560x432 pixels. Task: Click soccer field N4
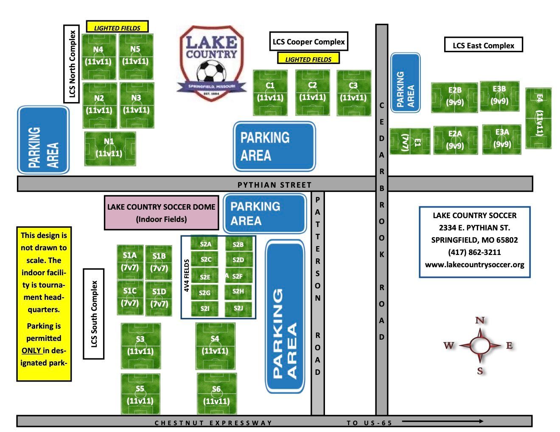(x=99, y=57)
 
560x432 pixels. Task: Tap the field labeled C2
(x=313, y=93)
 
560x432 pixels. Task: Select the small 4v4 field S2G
(x=204, y=292)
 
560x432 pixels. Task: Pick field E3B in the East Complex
(x=499, y=96)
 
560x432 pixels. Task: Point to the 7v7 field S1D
(x=159, y=299)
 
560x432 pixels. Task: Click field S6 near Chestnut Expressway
(x=217, y=393)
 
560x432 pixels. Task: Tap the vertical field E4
(x=538, y=118)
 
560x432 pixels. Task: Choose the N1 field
(x=110, y=149)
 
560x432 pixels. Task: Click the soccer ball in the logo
(x=212, y=71)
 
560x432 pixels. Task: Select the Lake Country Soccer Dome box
(x=162, y=213)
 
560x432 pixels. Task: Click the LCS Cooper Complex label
(x=309, y=42)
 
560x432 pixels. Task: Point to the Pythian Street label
(x=274, y=185)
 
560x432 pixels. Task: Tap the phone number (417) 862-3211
(x=474, y=252)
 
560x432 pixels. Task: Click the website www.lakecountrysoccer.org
(x=474, y=265)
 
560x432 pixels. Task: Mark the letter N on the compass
(x=480, y=320)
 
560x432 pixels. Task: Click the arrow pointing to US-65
(x=442, y=421)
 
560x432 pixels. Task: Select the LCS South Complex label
(x=94, y=314)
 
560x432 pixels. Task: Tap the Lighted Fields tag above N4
(x=117, y=27)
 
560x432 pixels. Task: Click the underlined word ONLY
(x=31, y=350)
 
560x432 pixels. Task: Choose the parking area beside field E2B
(x=406, y=83)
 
